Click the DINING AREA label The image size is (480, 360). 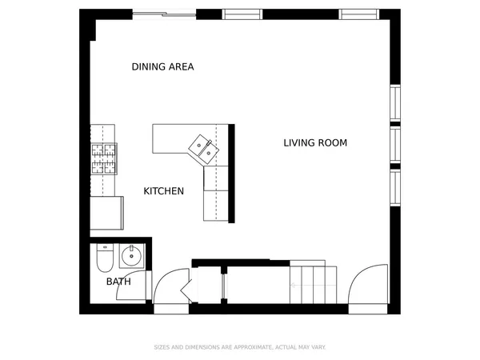(x=162, y=67)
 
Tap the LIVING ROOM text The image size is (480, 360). (x=315, y=143)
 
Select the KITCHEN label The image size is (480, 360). (x=164, y=191)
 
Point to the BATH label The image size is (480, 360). (x=118, y=282)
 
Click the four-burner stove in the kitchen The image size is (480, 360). (x=103, y=158)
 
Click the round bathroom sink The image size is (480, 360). (x=130, y=257)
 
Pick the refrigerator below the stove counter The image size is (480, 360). (x=106, y=214)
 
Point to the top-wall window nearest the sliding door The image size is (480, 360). (x=242, y=14)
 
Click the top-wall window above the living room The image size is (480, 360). (x=358, y=14)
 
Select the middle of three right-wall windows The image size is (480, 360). (x=394, y=145)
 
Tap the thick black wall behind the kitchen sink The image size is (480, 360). (x=232, y=173)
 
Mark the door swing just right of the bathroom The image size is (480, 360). (x=169, y=289)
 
